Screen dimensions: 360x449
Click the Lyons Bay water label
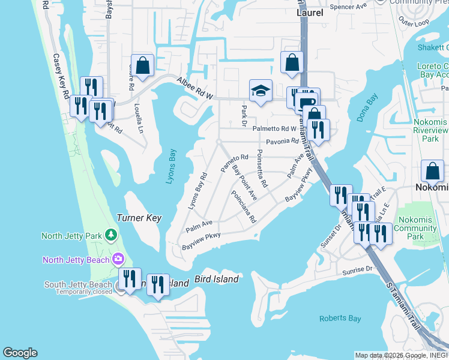172,166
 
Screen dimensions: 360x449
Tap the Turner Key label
139,218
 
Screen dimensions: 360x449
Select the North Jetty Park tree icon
110,235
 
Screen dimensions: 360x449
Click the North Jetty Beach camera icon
118,259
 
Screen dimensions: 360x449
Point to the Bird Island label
217,280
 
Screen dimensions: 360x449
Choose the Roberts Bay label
340,319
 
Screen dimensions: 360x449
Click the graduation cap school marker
261,91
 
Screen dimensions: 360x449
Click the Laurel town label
310,12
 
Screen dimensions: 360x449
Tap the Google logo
20,353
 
